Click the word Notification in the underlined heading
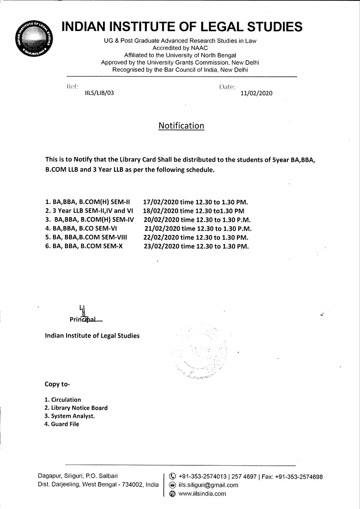181,126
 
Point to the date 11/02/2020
256,94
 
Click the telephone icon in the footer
172,477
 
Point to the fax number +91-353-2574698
299,477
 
